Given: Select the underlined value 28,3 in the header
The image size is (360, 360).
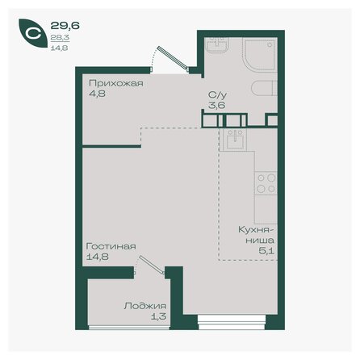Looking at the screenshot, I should click(x=58, y=36).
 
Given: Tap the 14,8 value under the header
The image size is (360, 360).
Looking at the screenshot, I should click(x=58, y=46).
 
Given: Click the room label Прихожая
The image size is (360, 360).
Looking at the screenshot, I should click(x=109, y=82).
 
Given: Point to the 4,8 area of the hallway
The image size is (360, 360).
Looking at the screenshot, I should click(x=95, y=93).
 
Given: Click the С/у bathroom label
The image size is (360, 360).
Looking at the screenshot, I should click(x=216, y=93).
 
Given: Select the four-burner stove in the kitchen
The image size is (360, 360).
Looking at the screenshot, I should click(x=266, y=188).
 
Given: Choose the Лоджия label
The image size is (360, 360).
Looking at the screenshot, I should click(x=145, y=306).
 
